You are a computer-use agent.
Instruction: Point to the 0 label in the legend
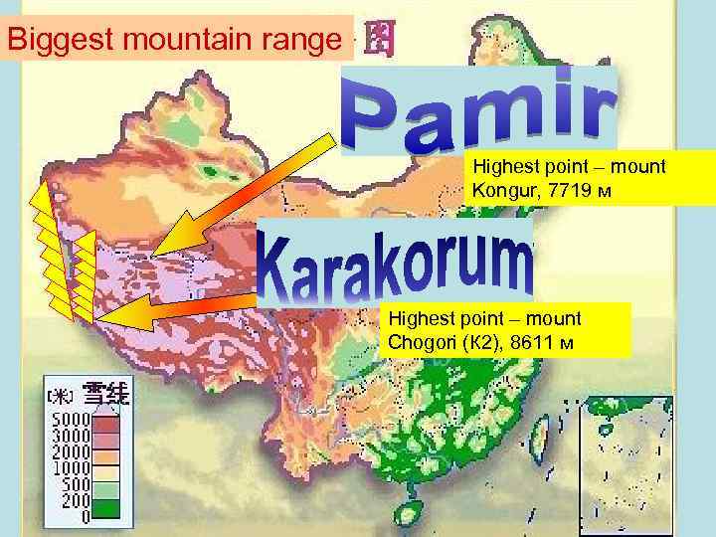click(x=85, y=515)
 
